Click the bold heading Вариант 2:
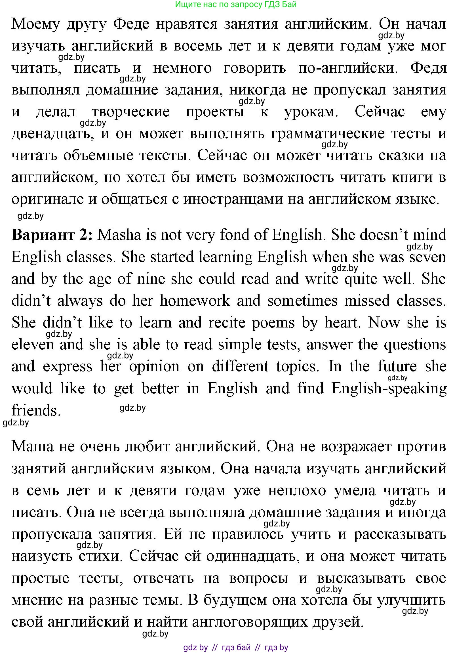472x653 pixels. coord(52,235)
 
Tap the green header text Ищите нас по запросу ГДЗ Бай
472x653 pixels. coord(236,4)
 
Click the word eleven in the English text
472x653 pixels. coord(33,345)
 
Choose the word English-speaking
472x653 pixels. coord(389,389)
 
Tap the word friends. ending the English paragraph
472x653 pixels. coord(36,410)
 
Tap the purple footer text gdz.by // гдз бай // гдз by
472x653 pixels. coord(236,648)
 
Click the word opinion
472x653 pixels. coord(154,367)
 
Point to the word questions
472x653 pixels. coord(415,345)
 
